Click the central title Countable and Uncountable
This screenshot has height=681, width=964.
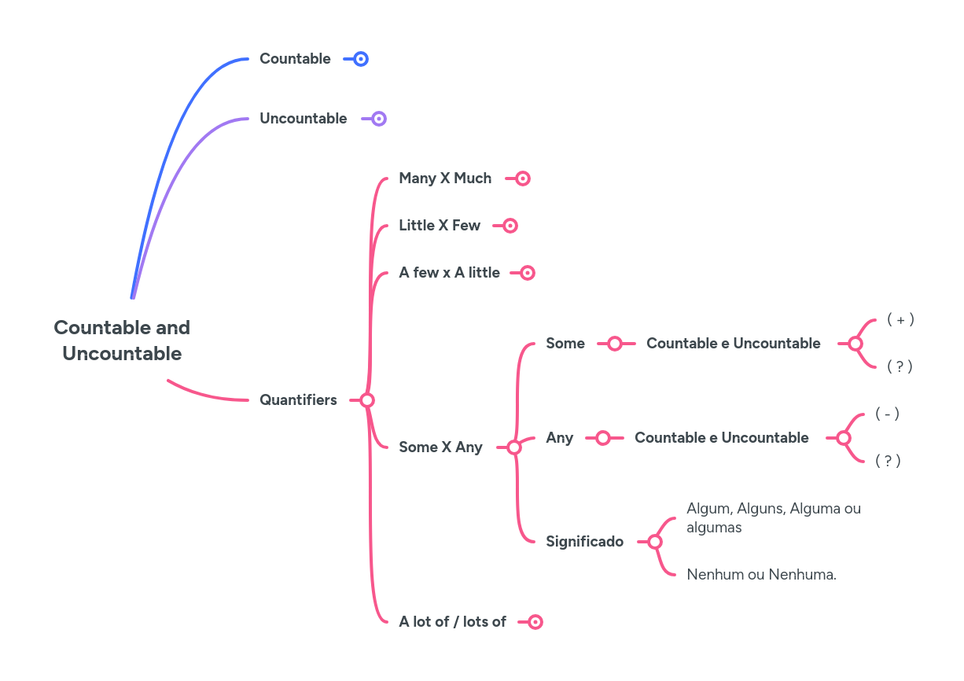click(122, 340)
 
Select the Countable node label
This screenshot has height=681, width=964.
click(295, 59)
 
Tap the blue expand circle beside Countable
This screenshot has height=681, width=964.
click(361, 59)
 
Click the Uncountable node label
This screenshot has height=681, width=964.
click(303, 119)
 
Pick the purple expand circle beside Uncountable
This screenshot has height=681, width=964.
click(379, 119)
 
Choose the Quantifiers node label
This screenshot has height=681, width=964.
click(298, 400)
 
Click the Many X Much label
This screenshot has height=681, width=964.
click(445, 179)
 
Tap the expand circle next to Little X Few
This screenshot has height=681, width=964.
click(510, 226)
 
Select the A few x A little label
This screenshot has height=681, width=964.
click(449, 273)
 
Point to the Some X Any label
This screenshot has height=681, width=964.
click(440, 447)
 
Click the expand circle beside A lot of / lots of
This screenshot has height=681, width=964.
click(535, 622)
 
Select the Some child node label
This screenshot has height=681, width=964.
click(565, 344)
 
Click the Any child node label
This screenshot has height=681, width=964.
click(559, 438)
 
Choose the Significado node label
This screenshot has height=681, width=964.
click(584, 542)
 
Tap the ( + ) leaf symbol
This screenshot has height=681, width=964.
click(900, 319)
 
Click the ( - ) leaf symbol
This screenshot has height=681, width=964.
click(887, 414)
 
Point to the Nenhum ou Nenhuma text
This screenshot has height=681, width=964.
click(761, 575)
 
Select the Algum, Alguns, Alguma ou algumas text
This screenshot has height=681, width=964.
click(773, 517)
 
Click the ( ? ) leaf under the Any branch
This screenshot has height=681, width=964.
click(888, 461)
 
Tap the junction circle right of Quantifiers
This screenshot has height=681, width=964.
click(367, 400)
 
